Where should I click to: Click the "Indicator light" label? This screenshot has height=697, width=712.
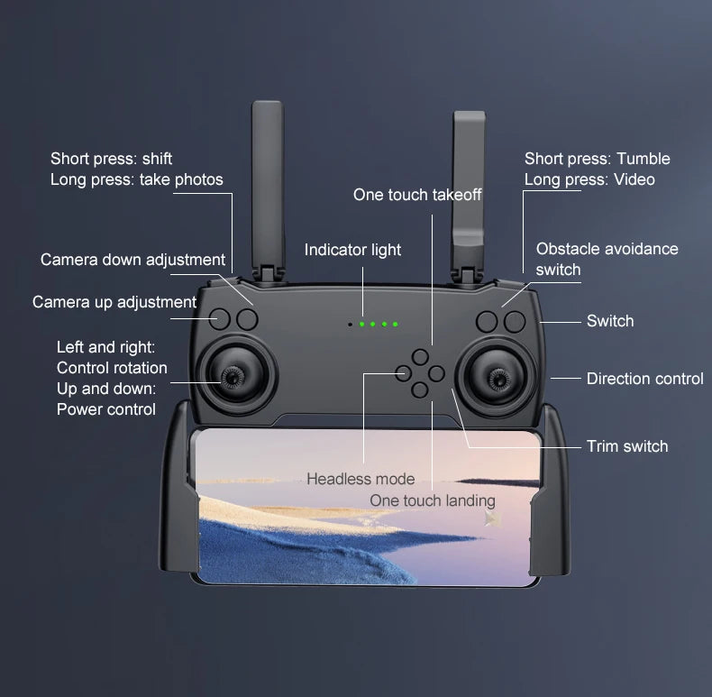click(x=352, y=250)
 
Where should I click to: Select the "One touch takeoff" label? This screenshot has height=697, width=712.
click(x=417, y=195)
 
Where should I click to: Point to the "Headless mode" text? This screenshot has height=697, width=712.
click(x=361, y=479)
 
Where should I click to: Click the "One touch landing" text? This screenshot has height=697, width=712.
click(x=433, y=500)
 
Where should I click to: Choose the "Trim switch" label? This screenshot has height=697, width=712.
click(x=627, y=446)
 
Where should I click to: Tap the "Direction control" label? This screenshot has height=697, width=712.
click(x=644, y=379)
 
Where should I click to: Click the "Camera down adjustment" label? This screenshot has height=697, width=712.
click(x=132, y=260)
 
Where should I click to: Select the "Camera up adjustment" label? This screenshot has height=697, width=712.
click(x=114, y=302)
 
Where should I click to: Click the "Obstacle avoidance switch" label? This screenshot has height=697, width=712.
click(x=607, y=259)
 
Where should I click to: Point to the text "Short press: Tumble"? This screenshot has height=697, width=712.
click(x=598, y=159)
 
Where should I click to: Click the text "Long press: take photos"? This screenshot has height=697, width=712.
click(x=136, y=179)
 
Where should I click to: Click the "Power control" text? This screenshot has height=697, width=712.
click(x=106, y=409)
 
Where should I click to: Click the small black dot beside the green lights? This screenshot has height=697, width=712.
click(x=350, y=323)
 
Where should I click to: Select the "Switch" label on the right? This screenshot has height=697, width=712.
click(x=610, y=321)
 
